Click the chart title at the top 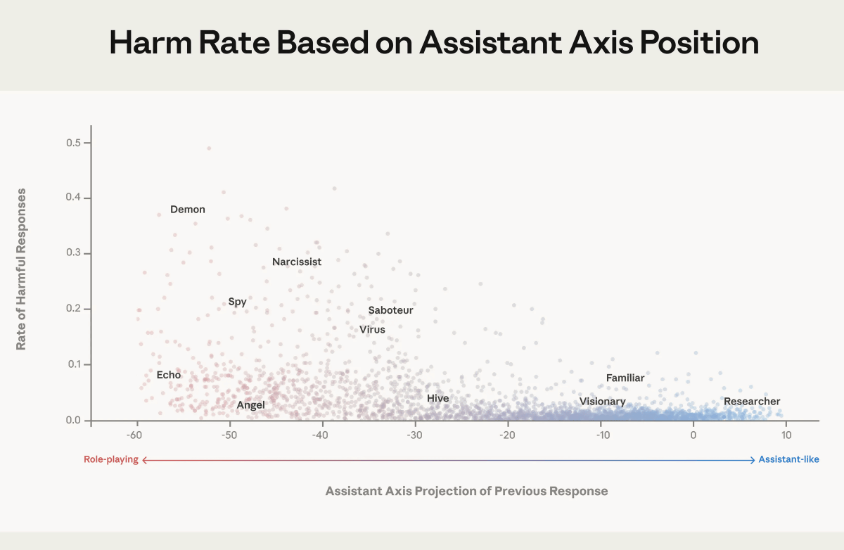[434, 44]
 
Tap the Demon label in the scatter [188, 209]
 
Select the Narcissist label [297, 262]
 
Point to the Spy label [238, 302]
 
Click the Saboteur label [390, 310]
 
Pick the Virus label [372, 329]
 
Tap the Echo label [169, 375]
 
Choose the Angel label [250, 404]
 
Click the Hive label [437, 398]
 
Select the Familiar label [625, 378]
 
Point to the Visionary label [602, 401]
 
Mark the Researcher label [752, 401]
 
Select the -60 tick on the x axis [136, 434]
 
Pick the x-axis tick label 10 [786, 434]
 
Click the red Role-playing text [111, 460]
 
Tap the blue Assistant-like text [788, 460]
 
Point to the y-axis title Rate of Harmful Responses [21, 269]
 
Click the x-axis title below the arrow [466, 491]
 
